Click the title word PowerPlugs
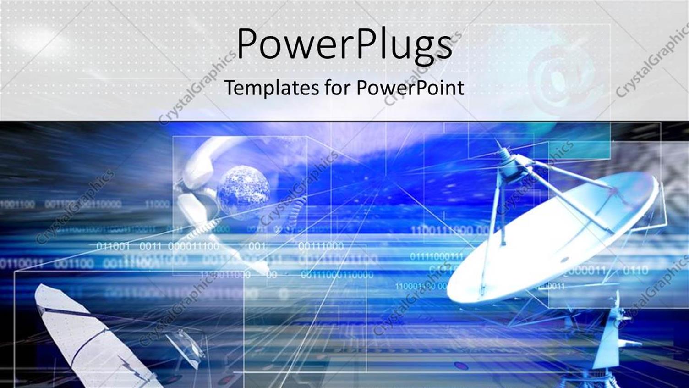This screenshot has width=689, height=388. pyautogui.click(x=344, y=44)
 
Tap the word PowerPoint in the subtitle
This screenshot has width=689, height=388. pyautogui.click(x=410, y=87)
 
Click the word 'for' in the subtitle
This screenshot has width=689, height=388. pyautogui.click(x=339, y=87)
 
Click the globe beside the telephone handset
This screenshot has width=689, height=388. pyautogui.click(x=243, y=188)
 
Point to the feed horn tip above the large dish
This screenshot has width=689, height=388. pyautogui.click(x=503, y=151)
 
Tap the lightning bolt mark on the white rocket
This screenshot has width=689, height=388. pyautogui.click(x=131, y=367)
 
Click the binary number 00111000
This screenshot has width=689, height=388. pyautogui.click(x=321, y=246)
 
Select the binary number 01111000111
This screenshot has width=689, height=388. pyautogui.click(x=436, y=256)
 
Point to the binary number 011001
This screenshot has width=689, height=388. pyautogui.click(x=113, y=246)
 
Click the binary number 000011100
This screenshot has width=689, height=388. pyautogui.click(x=193, y=246)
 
